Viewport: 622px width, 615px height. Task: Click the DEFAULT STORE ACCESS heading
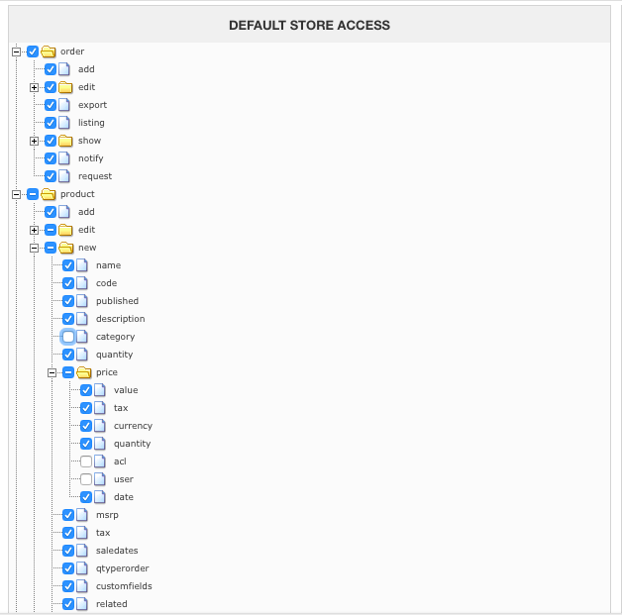[x=309, y=25]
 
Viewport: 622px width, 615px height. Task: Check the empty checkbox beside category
[x=68, y=337]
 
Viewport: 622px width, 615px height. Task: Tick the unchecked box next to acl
[x=86, y=461]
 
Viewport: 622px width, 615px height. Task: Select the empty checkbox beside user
[x=86, y=479]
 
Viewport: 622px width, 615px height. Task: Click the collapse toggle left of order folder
[x=17, y=51]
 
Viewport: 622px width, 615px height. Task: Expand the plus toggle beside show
[x=35, y=141]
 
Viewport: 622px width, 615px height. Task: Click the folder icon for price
[x=84, y=372]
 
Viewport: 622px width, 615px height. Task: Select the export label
[x=92, y=105]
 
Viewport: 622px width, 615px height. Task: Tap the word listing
[x=91, y=123]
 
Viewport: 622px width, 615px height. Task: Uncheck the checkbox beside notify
[x=51, y=158]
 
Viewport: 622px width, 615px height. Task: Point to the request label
[x=95, y=176]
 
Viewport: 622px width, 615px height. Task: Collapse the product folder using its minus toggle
[x=17, y=194]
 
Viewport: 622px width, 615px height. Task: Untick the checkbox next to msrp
[x=68, y=515]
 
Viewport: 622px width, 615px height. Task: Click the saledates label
[x=117, y=551]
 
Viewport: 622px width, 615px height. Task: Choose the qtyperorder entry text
[x=122, y=568]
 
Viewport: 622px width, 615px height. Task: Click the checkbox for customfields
[x=68, y=586]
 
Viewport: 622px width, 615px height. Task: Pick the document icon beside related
[x=82, y=604]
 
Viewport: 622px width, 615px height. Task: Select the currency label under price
[x=133, y=426]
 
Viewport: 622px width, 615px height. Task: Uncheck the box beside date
[x=86, y=497]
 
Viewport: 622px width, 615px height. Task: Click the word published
[x=117, y=301]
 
